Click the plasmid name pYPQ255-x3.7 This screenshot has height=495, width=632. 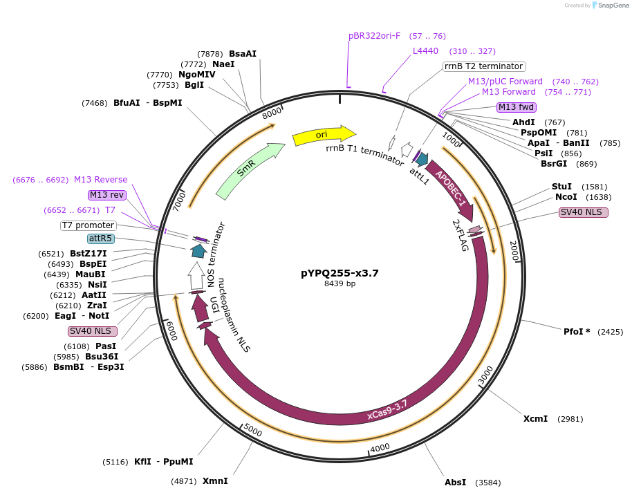click(x=340, y=273)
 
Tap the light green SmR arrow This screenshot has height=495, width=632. click(x=249, y=171)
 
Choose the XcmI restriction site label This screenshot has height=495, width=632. click(x=535, y=419)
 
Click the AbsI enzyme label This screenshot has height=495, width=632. click(x=455, y=482)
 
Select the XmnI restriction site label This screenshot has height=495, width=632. click(x=215, y=480)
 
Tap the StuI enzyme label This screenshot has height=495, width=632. click(x=561, y=187)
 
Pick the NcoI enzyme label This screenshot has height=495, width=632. click(x=561, y=197)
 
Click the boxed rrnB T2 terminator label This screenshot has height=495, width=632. click(x=483, y=66)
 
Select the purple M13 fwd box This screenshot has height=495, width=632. click(x=517, y=106)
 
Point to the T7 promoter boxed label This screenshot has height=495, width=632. click(x=88, y=225)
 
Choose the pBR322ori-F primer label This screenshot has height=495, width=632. click(x=374, y=36)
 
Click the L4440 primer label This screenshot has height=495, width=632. click(x=425, y=51)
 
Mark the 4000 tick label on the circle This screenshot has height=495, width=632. click(x=380, y=448)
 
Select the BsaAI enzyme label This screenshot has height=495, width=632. click(x=243, y=53)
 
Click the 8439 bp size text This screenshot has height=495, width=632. click(x=340, y=283)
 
